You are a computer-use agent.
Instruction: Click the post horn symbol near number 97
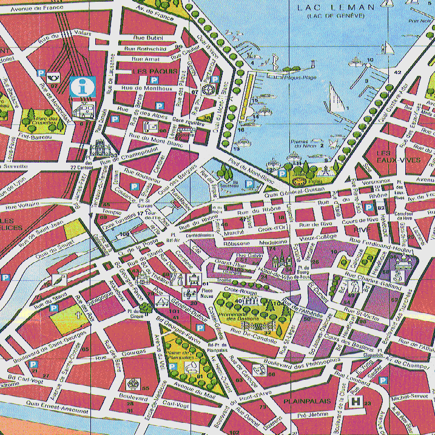click(55, 77)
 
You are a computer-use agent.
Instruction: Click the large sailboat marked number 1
click(334, 98)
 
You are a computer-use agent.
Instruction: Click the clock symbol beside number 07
click(208, 90)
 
